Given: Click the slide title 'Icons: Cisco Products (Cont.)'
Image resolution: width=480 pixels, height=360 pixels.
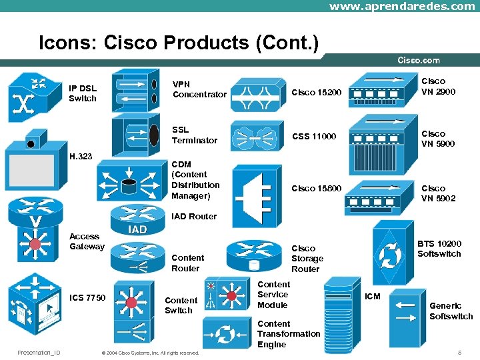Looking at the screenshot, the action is pos(179,43).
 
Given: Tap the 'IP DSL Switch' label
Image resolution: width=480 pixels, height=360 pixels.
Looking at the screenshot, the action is pos(83,93).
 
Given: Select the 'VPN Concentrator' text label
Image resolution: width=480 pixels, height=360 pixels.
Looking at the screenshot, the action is pos(199,89).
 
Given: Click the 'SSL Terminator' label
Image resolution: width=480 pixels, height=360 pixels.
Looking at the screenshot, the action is pos(194,135).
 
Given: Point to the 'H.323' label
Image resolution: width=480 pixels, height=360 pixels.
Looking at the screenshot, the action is pos(81,157).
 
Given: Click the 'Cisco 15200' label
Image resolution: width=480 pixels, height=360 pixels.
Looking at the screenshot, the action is pos(316,92).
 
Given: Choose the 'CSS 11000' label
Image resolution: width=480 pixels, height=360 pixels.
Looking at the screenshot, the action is pos(314,137).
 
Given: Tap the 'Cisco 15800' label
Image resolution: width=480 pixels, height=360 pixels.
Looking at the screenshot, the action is pos(316,189).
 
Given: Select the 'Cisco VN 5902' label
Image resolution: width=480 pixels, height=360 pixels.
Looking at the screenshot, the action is pos(438,193).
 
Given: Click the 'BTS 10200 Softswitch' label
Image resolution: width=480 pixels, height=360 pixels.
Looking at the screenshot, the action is pos(439,249).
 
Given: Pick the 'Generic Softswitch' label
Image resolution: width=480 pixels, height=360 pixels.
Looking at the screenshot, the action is pos(451,311).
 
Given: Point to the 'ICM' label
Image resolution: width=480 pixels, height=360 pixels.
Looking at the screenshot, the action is pos(372,296).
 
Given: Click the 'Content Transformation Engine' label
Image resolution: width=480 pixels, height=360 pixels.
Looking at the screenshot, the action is pos(288,334).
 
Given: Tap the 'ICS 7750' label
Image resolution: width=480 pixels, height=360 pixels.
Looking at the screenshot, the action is pos(87,297).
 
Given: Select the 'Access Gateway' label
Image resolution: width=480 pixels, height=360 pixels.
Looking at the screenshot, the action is pos(87,241).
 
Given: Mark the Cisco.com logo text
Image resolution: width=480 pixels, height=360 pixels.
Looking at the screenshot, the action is pos(419,61).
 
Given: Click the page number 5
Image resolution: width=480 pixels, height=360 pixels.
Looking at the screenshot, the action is pos(459,352).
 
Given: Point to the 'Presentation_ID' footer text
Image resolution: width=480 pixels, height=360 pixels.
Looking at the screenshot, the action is pos(39,352).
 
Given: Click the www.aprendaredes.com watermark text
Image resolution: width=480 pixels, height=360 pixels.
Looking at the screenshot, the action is pos(402,6).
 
